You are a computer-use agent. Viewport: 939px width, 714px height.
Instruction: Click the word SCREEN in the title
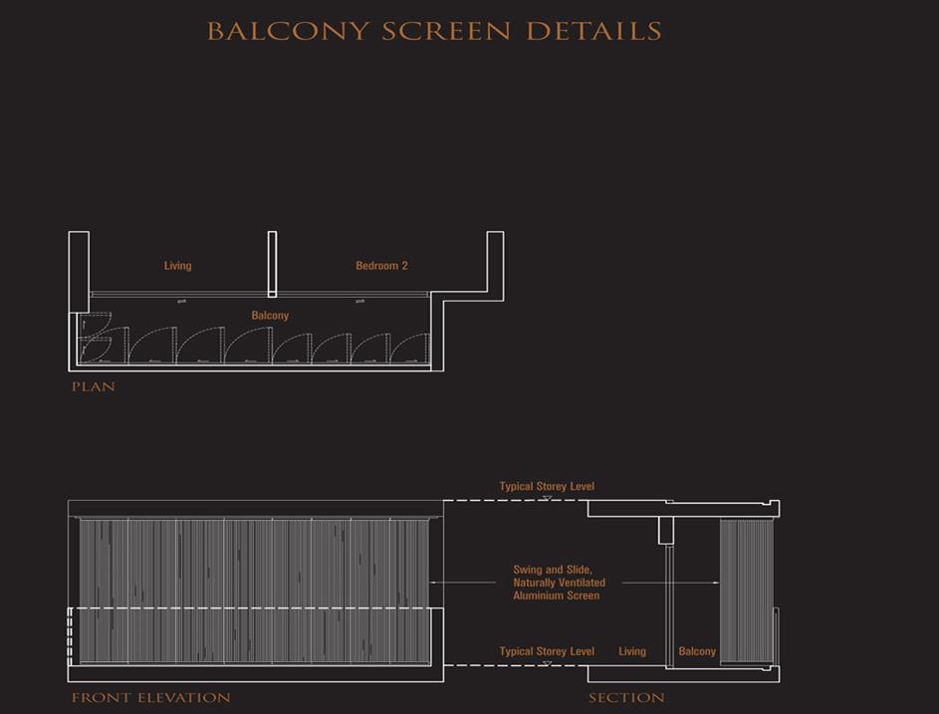(x=446, y=31)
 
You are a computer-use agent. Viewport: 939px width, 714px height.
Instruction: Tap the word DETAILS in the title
(x=593, y=31)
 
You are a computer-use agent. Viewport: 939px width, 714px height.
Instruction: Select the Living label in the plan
(x=178, y=266)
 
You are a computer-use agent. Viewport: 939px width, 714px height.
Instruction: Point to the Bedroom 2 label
(x=381, y=266)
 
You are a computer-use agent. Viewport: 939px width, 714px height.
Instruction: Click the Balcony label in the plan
(x=270, y=316)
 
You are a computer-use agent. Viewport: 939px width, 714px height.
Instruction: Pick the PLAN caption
(x=94, y=386)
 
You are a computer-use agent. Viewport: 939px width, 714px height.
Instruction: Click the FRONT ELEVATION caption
(x=150, y=698)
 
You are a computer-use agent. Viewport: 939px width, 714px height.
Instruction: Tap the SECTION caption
(x=626, y=698)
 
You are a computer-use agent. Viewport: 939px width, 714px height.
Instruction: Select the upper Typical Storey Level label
(x=547, y=486)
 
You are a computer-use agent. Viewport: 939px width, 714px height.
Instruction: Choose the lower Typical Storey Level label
(x=547, y=651)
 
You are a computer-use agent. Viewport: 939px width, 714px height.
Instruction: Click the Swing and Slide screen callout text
(x=558, y=583)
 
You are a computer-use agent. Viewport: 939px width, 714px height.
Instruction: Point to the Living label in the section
(x=632, y=651)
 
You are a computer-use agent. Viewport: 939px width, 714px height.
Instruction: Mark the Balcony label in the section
(x=697, y=651)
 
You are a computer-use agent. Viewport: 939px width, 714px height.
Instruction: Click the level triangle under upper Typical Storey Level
(x=547, y=496)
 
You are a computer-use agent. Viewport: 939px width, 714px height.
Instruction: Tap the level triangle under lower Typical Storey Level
(x=547, y=661)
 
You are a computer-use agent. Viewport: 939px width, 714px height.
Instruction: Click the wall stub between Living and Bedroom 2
(x=272, y=264)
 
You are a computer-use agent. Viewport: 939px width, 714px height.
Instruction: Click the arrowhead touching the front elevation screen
(x=433, y=583)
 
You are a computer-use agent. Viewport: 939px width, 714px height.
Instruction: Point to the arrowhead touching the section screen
(x=716, y=583)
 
